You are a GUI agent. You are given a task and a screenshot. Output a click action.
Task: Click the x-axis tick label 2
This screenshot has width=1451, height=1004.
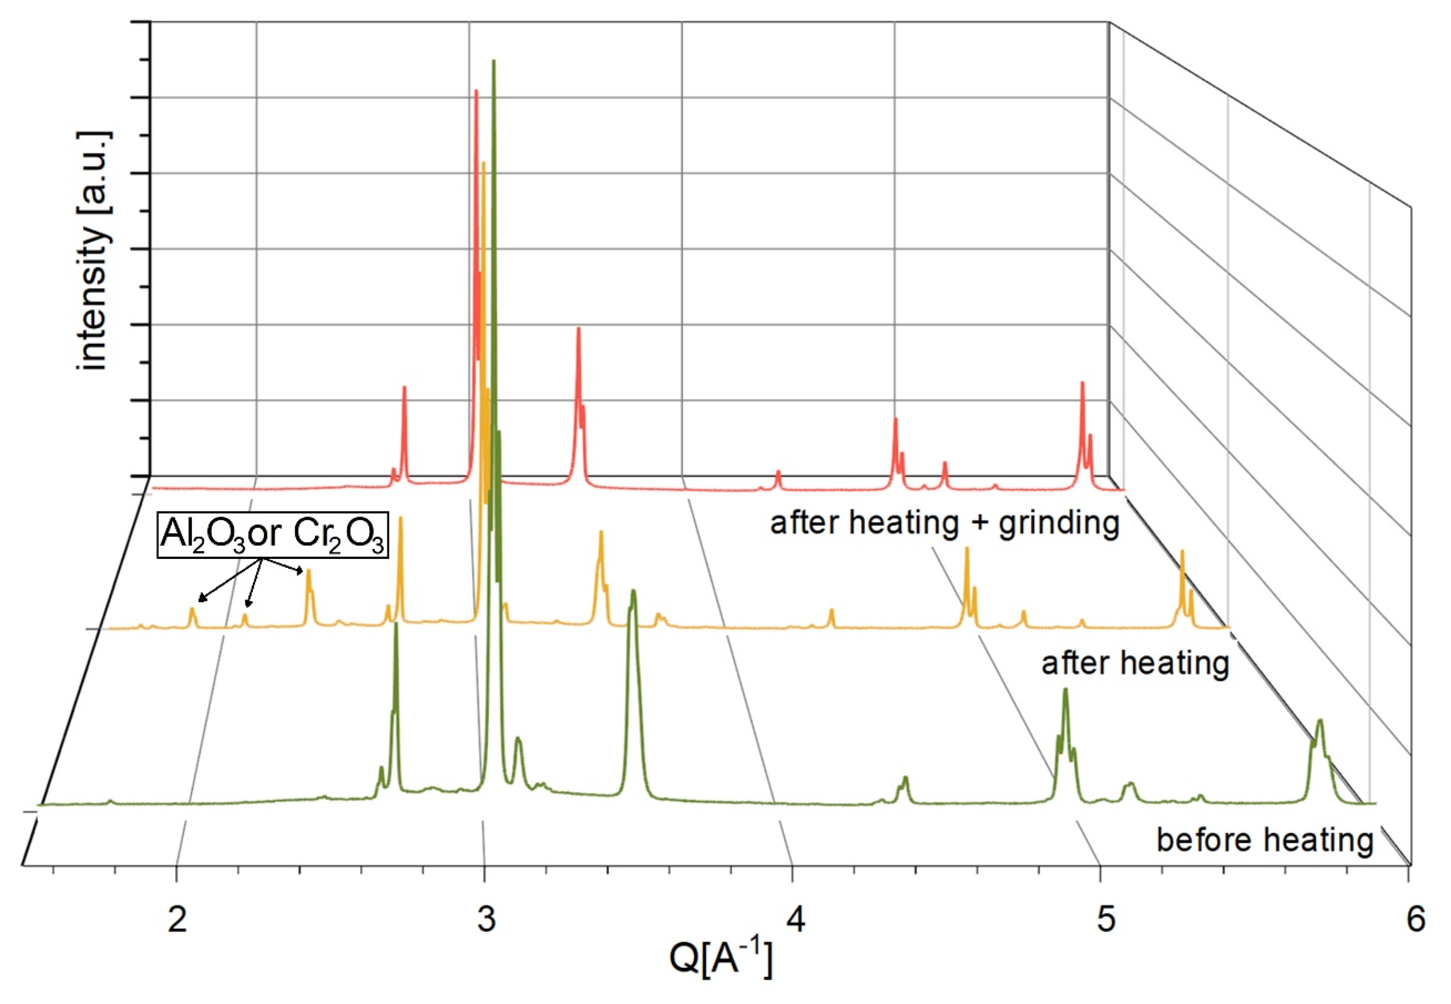click(178, 920)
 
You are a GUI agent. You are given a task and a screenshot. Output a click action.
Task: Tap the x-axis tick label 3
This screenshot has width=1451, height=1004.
click(486, 920)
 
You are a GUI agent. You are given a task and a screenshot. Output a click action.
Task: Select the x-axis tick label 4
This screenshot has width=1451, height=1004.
click(795, 920)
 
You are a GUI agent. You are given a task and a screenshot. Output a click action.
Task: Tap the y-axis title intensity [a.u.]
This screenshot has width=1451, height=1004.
click(93, 252)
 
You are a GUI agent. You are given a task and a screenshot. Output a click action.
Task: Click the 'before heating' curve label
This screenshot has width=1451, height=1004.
click(1264, 839)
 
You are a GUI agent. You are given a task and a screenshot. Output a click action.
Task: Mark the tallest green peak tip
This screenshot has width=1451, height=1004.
click(494, 61)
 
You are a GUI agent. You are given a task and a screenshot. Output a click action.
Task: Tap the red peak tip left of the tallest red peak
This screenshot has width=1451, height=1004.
click(404, 388)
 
